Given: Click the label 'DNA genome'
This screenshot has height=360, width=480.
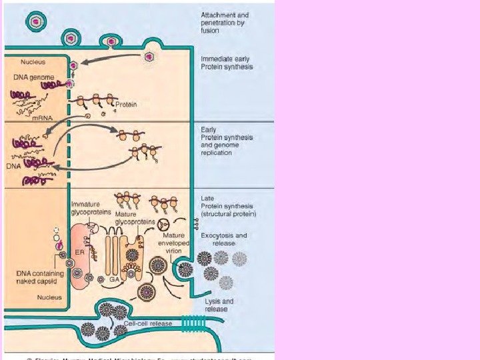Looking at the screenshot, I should click(x=31, y=77).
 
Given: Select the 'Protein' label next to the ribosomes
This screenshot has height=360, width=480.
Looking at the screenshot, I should click(x=127, y=104).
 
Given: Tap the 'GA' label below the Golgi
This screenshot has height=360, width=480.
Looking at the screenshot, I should click(x=115, y=280).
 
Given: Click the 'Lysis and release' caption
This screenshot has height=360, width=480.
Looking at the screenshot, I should click(x=217, y=305).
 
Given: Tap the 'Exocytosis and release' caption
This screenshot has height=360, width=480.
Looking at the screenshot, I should click(x=224, y=239).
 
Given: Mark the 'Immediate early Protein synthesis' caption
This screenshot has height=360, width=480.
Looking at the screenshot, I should click(x=227, y=63).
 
